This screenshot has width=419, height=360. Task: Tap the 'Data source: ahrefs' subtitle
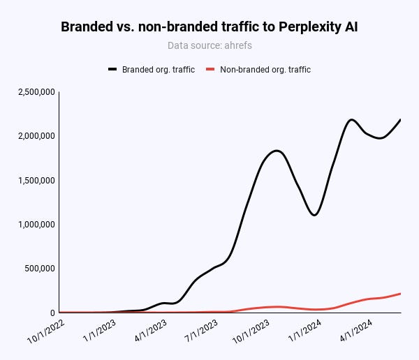click(x=209, y=45)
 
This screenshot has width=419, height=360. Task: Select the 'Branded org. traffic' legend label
click(x=158, y=70)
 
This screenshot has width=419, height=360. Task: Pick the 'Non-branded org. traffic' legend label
click(x=265, y=70)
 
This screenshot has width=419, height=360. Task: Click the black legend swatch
click(x=113, y=70)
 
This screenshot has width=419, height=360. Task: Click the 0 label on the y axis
click(x=52, y=313)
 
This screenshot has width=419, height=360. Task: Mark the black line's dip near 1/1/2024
click(x=315, y=215)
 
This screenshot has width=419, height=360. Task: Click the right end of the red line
click(x=400, y=294)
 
